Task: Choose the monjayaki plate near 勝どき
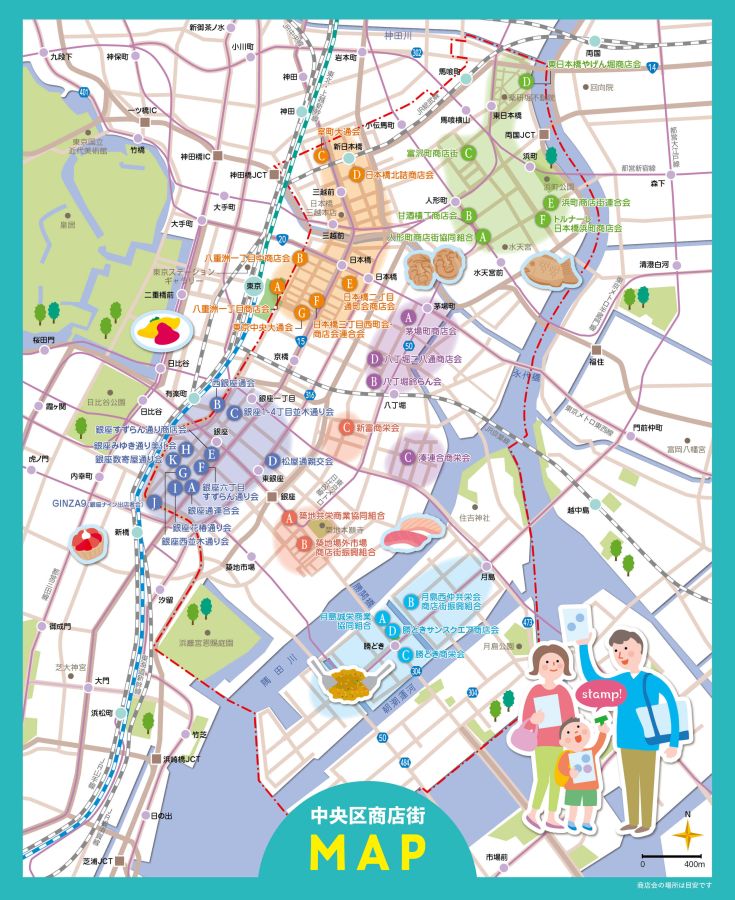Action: click(x=350, y=684)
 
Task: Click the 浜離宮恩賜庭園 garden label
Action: click(x=206, y=643)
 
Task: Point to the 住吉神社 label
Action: click(x=473, y=517)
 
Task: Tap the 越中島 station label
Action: click(x=579, y=510)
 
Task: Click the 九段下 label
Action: click(x=62, y=57)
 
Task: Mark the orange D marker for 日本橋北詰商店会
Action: click(x=356, y=174)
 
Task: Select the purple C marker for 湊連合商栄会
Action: click(x=407, y=457)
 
